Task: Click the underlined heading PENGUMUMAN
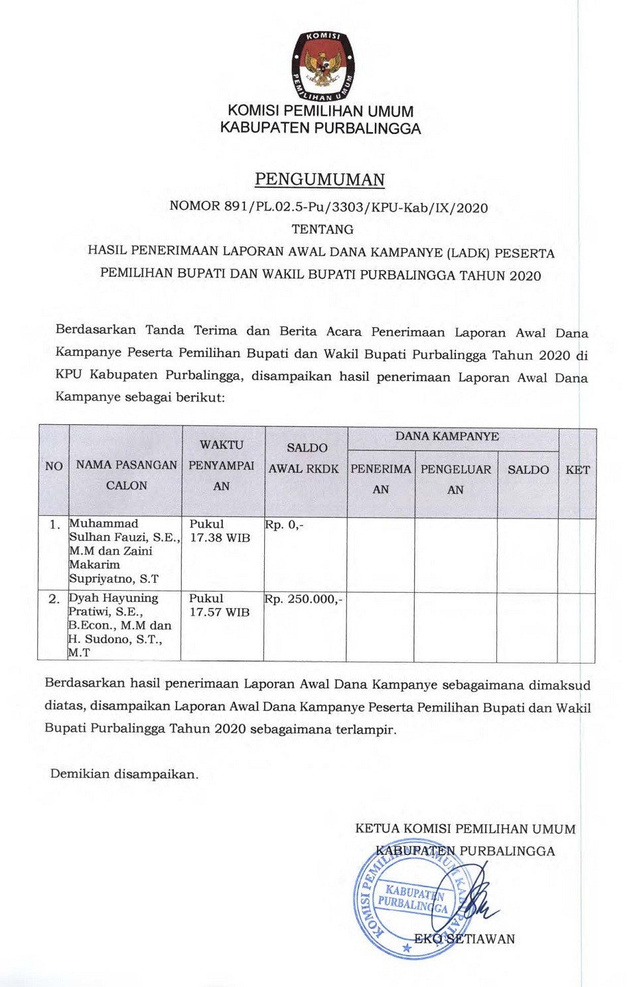320,180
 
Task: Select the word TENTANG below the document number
322,229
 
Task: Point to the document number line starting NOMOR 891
328,206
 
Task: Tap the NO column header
54,466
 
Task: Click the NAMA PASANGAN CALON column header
126,475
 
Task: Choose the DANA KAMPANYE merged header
447,436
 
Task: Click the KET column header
577,470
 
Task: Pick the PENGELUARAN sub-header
456,479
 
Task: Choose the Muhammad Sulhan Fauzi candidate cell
123,551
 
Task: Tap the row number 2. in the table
54,599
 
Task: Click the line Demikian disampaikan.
124,774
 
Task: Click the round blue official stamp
411,903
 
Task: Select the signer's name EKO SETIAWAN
464,939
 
